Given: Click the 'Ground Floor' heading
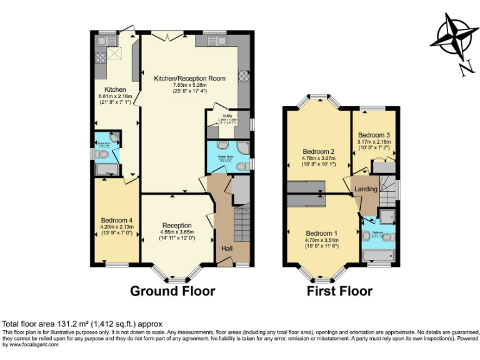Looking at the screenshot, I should click(x=172, y=291).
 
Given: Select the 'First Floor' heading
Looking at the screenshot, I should click(x=339, y=291).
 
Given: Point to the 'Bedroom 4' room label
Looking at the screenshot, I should click(x=117, y=220).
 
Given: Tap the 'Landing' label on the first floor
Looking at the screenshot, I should click(x=366, y=189).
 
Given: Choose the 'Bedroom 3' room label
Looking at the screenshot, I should click(x=374, y=135).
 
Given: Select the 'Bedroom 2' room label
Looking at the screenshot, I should click(x=319, y=152).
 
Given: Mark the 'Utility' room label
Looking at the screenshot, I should click(x=222, y=116).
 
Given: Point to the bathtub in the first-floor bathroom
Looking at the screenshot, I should click(x=377, y=256).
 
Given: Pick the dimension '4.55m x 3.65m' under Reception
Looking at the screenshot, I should click(x=177, y=232).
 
